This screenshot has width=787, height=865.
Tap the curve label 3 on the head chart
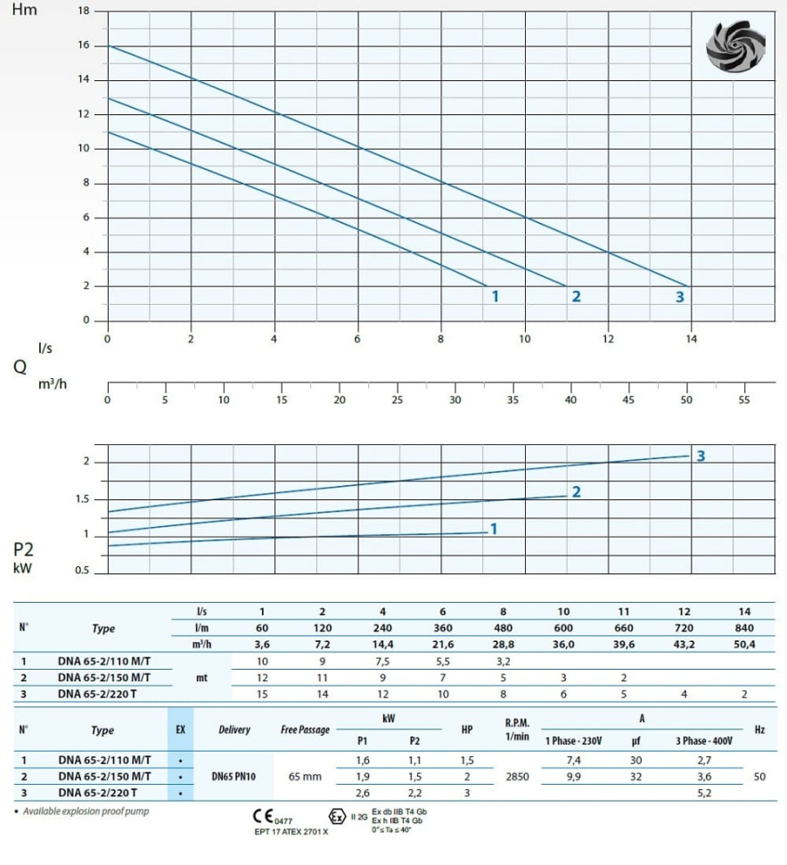[x=679, y=296]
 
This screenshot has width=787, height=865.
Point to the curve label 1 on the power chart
[x=494, y=529]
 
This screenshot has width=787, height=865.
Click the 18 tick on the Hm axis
[x=85, y=11]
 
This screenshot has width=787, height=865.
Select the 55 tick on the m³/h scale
[x=745, y=400]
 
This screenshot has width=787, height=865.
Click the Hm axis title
[x=24, y=11]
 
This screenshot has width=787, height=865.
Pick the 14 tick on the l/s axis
[x=691, y=339]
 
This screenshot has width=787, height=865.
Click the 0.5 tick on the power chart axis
[x=81, y=571]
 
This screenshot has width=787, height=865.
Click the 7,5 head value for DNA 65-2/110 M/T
[x=382, y=662]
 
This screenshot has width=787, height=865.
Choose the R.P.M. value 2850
[x=516, y=777]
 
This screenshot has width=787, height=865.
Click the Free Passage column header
[x=305, y=729]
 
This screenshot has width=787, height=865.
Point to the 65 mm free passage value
[x=305, y=777]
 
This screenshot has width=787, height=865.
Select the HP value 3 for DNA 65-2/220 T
[x=466, y=793]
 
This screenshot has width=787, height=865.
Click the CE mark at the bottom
[x=265, y=815]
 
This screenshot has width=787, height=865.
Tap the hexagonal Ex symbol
[x=336, y=816]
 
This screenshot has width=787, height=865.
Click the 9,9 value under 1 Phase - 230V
[x=575, y=777]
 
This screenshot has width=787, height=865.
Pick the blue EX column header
[x=180, y=729]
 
